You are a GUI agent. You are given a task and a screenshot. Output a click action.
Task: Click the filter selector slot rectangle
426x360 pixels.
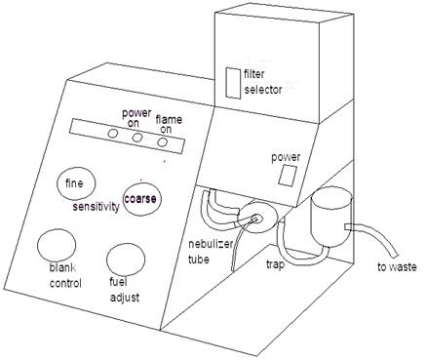(x=232, y=83)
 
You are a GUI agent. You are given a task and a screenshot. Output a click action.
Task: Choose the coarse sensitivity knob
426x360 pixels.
(x=141, y=197)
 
